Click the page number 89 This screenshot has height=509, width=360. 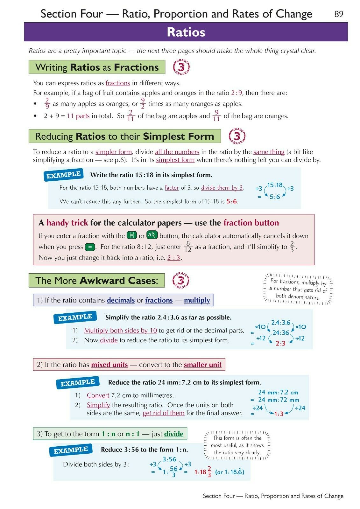(339, 14)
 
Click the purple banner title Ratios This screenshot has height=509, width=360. (186, 32)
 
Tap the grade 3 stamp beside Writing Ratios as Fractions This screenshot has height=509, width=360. (181, 67)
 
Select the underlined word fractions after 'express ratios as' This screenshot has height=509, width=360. (117, 83)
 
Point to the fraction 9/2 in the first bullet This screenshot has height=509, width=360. (143, 104)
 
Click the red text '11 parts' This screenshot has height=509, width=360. (78, 116)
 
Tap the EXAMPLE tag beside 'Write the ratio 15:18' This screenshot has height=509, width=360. (63, 175)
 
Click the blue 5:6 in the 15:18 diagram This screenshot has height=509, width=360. (275, 197)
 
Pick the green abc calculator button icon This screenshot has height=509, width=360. (152, 235)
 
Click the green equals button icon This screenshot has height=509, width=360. (90, 247)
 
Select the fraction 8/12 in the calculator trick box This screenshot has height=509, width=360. (188, 247)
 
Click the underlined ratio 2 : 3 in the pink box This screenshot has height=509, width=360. (174, 258)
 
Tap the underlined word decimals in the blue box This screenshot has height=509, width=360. (121, 300)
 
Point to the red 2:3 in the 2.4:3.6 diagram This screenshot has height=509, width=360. (280, 344)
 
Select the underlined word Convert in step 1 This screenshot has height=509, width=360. (98, 395)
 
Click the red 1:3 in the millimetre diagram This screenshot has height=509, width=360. (279, 414)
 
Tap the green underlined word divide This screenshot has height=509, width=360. (173, 434)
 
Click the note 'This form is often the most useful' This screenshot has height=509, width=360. (237, 445)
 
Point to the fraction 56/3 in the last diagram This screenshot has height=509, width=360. (173, 472)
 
